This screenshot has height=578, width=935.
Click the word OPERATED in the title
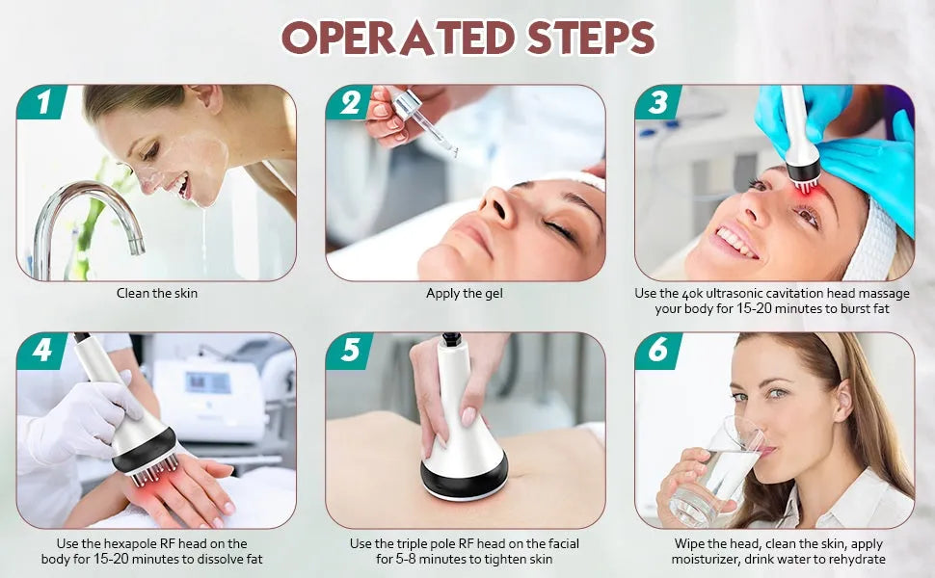point(398,38)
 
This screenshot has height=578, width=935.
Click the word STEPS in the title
point(591,38)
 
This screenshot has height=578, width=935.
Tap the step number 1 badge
point(41,102)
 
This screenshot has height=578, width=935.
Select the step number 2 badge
point(350,102)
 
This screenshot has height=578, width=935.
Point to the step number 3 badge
point(658,102)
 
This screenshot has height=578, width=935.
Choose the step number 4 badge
point(41,351)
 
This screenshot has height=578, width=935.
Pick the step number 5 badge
point(350,351)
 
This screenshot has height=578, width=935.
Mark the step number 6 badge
point(658,351)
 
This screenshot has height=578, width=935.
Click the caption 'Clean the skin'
point(157,293)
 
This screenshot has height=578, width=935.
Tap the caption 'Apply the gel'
point(465,293)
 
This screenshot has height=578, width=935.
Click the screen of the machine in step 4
point(207,381)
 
